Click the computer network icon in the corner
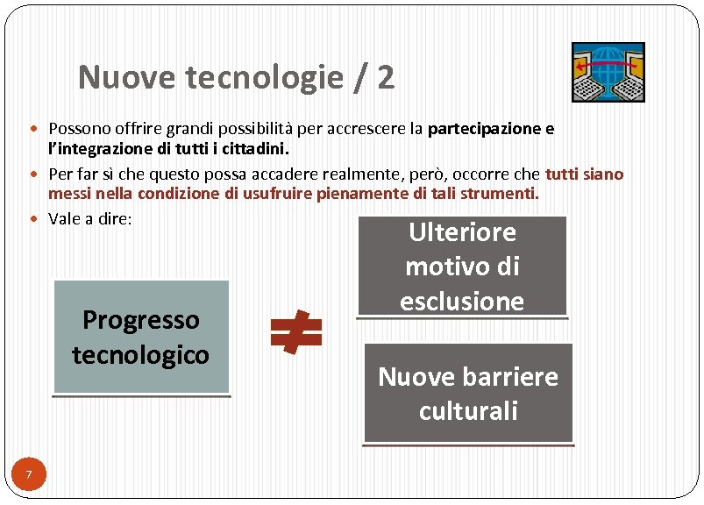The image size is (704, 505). click(x=608, y=72)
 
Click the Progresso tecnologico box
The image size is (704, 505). click(x=141, y=337)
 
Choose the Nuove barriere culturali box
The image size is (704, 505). click(x=467, y=393)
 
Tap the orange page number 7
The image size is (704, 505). click(x=29, y=475)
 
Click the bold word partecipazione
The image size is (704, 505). click(x=484, y=130)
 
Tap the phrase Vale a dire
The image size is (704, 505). click(x=90, y=219)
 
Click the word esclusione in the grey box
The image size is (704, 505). click(x=461, y=300)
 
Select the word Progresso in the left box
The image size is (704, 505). click(x=141, y=320)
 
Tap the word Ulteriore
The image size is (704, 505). click(x=462, y=232)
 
